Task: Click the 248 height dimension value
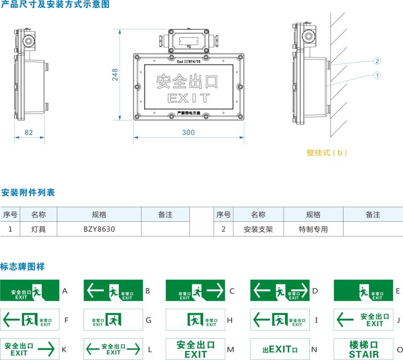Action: (114, 75)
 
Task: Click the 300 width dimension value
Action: (188, 132)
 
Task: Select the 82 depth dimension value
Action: (29, 132)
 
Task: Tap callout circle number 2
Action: (376, 61)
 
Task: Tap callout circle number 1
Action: (376, 75)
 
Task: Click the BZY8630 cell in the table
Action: (99, 229)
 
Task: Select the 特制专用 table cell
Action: (313, 229)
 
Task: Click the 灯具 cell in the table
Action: (38, 229)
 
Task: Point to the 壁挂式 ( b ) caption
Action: (326, 152)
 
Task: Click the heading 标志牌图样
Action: (23, 266)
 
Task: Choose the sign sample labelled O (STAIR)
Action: (364, 349)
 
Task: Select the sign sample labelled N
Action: (280, 349)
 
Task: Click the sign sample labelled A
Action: (30, 291)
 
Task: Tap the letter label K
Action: (64, 349)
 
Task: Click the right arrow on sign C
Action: (214, 290)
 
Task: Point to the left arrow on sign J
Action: (345, 320)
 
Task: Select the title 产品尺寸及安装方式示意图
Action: (54, 5)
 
